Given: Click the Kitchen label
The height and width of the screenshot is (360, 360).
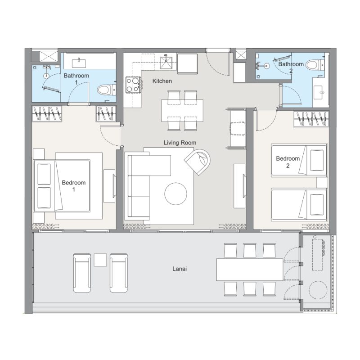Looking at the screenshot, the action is click(162, 81).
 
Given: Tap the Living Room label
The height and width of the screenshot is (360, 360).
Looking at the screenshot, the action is click(180, 143).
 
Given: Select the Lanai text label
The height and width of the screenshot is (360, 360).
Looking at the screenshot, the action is click(180, 269).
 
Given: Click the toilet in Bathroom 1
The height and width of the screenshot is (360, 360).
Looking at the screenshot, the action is click(107, 90).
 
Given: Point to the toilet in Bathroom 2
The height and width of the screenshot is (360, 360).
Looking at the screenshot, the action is click(315, 65).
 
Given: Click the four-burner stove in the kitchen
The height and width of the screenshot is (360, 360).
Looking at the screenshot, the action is click(133, 85).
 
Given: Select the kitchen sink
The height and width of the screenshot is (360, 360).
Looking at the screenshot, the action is click(166, 62).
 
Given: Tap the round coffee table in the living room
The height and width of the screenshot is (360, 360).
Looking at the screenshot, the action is click(175, 193).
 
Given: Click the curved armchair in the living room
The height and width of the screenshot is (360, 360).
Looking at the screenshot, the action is click(198, 162).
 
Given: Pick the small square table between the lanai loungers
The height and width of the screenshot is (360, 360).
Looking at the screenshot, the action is click(100, 260).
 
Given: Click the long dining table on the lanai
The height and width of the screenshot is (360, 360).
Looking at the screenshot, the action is click(250, 270).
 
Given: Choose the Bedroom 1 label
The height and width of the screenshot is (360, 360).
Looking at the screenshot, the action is click(74, 186).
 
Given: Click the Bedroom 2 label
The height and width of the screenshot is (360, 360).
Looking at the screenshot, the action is click(288, 162).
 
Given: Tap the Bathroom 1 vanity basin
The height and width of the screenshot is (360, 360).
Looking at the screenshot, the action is click(79, 63).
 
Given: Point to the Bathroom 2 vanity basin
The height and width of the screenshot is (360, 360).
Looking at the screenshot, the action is click(319, 93).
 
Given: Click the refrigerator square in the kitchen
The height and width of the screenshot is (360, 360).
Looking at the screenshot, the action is click(188, 64).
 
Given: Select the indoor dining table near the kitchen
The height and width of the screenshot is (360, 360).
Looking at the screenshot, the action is click(182, 110).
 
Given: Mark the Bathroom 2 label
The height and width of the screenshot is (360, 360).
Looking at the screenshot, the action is click(291, 67).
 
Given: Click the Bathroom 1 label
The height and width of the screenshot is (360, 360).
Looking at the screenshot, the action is click(76, 79).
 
